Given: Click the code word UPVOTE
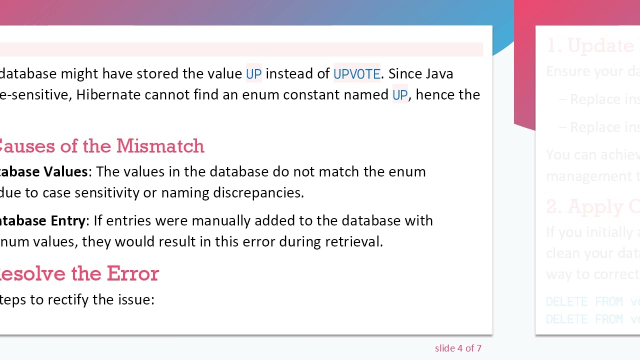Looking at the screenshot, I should (x=356, y=74).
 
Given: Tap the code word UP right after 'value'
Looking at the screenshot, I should (x=253, y=74).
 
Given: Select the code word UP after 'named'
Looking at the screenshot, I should (x=399, y=95).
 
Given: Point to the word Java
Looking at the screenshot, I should (x=438, y=74).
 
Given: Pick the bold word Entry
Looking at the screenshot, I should (x=67, y=220).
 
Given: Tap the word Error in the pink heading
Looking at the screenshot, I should (x=132, y=273).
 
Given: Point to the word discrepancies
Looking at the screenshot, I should (x=258, y=192).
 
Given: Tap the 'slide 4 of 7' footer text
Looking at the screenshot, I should (x=458, y=348).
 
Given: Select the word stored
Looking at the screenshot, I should (x=157, y=74).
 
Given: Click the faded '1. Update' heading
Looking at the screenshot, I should (x=590, y=46).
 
